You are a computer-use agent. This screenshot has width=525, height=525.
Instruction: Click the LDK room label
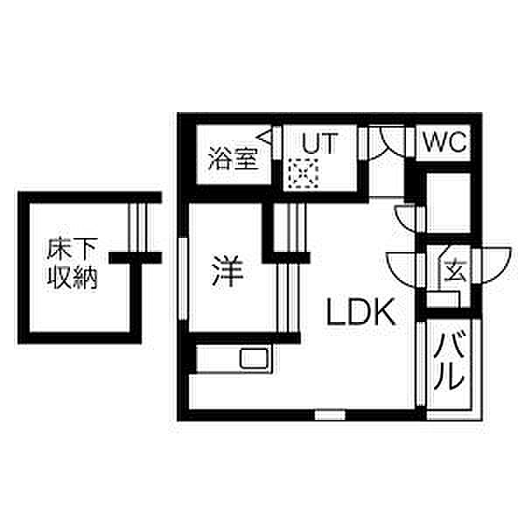(360, 312)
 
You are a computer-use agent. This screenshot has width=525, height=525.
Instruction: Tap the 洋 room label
(227, 271)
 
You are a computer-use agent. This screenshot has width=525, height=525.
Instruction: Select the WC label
(444, 142)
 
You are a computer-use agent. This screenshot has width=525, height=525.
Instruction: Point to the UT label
(319, 143)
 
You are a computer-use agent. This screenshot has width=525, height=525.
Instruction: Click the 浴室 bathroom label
(233, 158)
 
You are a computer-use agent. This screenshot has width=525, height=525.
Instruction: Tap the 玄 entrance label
(455, 270)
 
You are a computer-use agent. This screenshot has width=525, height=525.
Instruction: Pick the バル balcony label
(449, 360)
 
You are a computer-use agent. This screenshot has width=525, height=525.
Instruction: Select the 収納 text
(72, 277)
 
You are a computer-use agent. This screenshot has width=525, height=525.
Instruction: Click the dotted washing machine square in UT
(304, 173)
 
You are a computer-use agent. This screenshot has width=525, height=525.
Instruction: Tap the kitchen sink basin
(255, 359)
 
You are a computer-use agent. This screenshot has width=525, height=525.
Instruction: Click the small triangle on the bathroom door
(265, 137)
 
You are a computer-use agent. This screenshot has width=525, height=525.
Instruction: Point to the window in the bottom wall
(330, 415)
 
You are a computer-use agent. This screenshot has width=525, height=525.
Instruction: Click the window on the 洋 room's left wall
(183, 279)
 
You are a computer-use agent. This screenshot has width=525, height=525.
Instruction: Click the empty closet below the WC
(448, 203)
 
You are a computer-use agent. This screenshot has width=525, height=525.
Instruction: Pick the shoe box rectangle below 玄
(444, 299)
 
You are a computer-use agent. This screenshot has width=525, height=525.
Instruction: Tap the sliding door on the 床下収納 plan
(137, 227)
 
